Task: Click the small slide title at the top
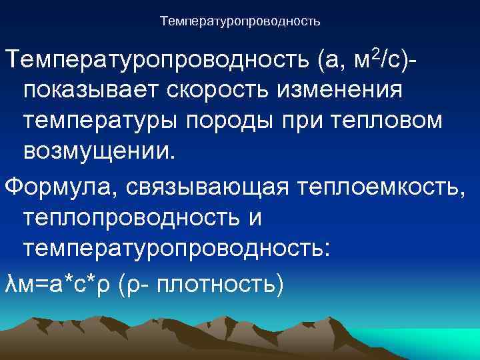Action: tap(240, 22)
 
